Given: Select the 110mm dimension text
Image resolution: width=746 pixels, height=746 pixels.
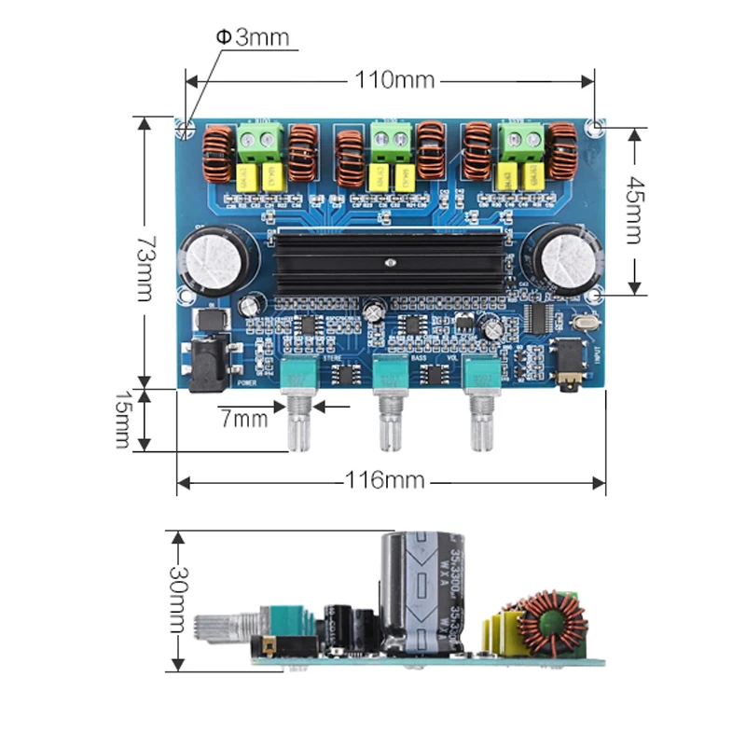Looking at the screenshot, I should (x=394, y=80).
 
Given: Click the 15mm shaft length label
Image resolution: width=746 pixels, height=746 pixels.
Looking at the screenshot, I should (x=121, y=420).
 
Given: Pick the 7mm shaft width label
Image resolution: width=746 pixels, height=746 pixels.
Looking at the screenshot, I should (x=243, y=419).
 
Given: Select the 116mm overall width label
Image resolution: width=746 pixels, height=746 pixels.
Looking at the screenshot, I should (x=384, y=481).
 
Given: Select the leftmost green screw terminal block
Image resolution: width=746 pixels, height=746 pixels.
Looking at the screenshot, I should (x=260, y=143).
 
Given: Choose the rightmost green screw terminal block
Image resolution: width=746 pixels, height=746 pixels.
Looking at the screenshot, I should (x=522, y=142).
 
